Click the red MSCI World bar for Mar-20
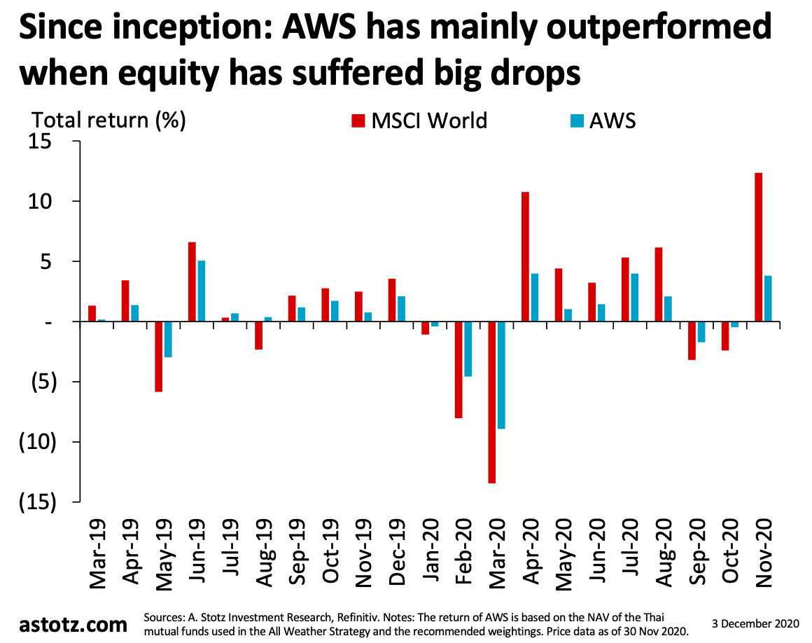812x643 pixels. click(x=492, y=402)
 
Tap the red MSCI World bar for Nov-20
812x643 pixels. click(x=759, y=247)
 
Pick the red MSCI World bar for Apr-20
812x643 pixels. click(x=525, y=256)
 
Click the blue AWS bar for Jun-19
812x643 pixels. click(x=201, y=291)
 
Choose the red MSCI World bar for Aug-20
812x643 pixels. click(x=659, y=284)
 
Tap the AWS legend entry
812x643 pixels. click(x=602, y=120)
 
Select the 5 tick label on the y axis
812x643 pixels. click(x=46, y=262)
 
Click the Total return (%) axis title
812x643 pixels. click(x=109, y=120)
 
